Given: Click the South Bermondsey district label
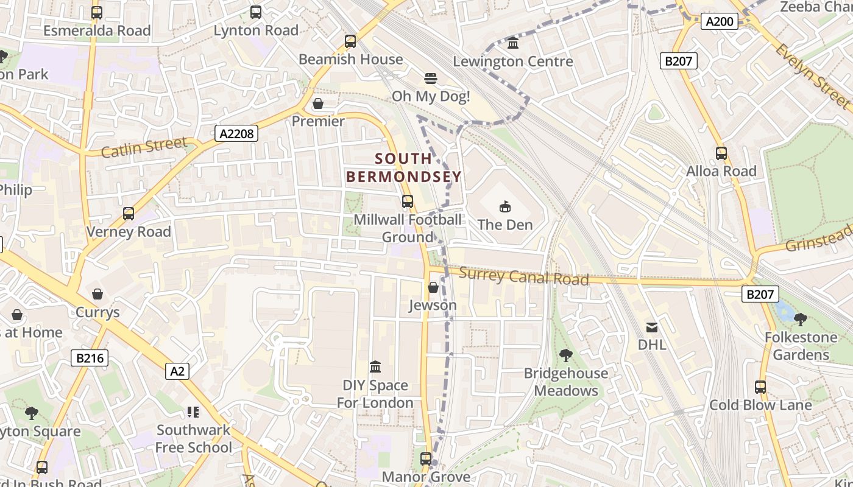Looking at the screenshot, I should coord(404,168).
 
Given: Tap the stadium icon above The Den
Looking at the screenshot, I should coord(505,207).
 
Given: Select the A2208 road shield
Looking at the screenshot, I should coord(236,133).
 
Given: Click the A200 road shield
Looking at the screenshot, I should coord(719,22).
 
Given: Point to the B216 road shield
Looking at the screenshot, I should coord(90,358).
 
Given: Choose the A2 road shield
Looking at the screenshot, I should coord(177,371).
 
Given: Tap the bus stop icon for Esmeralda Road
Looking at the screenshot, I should coord(96,12).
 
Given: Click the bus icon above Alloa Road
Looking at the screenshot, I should coord(721,153).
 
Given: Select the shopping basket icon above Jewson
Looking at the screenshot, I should coord(433,287).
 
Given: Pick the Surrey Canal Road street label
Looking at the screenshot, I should coord(523,276).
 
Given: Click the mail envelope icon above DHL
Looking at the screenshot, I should coord(652,328).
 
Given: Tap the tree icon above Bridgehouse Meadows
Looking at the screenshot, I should coord(566,355).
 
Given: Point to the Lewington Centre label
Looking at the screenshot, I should coord(513,61).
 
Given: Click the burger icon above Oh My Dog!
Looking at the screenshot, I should coord(431,79).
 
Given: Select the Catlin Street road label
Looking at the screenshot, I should coord(144,147).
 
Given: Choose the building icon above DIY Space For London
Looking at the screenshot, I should coord(375,367).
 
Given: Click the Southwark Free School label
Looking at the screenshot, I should coord(194,438).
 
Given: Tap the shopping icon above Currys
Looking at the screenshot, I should coord(97,295).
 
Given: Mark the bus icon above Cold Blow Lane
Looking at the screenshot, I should coord(760,387).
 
